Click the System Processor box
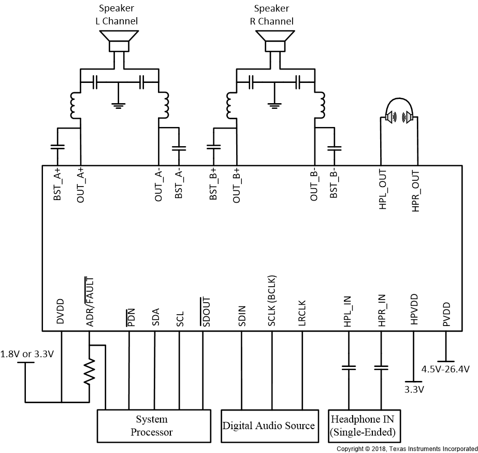click(154, 426)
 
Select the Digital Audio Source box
click(268, 426)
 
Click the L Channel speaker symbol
click(119, 41)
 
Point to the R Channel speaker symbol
click(274, 41)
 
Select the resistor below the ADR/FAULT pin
click(90, 371)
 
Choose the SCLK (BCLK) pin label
click(272, 300)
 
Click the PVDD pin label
click(446, 314)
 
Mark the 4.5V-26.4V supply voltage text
click(445, 370)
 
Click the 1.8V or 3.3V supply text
click(27, 355)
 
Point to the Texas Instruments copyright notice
click(407, 448)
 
